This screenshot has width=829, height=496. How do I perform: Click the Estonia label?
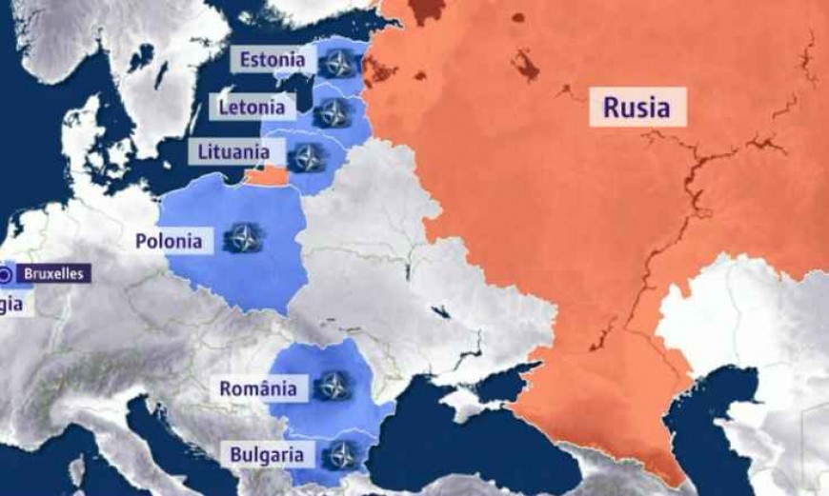[273, 60]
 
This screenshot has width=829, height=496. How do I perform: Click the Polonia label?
[169, 241]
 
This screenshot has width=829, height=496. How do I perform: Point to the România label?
[257, 387]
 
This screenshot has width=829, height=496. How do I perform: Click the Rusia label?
[636, 107]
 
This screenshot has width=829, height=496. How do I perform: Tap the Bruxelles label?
[53, 274]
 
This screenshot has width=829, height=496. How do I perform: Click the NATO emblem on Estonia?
[336, 64]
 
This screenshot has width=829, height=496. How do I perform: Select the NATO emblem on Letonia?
[331, 113]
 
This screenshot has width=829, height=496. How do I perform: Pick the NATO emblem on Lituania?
[307, 157]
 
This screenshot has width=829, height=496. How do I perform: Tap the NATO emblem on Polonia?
[244, 238]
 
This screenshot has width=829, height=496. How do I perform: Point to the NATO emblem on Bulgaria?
[340, 455]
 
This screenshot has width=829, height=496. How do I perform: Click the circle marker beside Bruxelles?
[7, 274]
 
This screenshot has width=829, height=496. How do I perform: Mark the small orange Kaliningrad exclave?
[266, 176]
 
